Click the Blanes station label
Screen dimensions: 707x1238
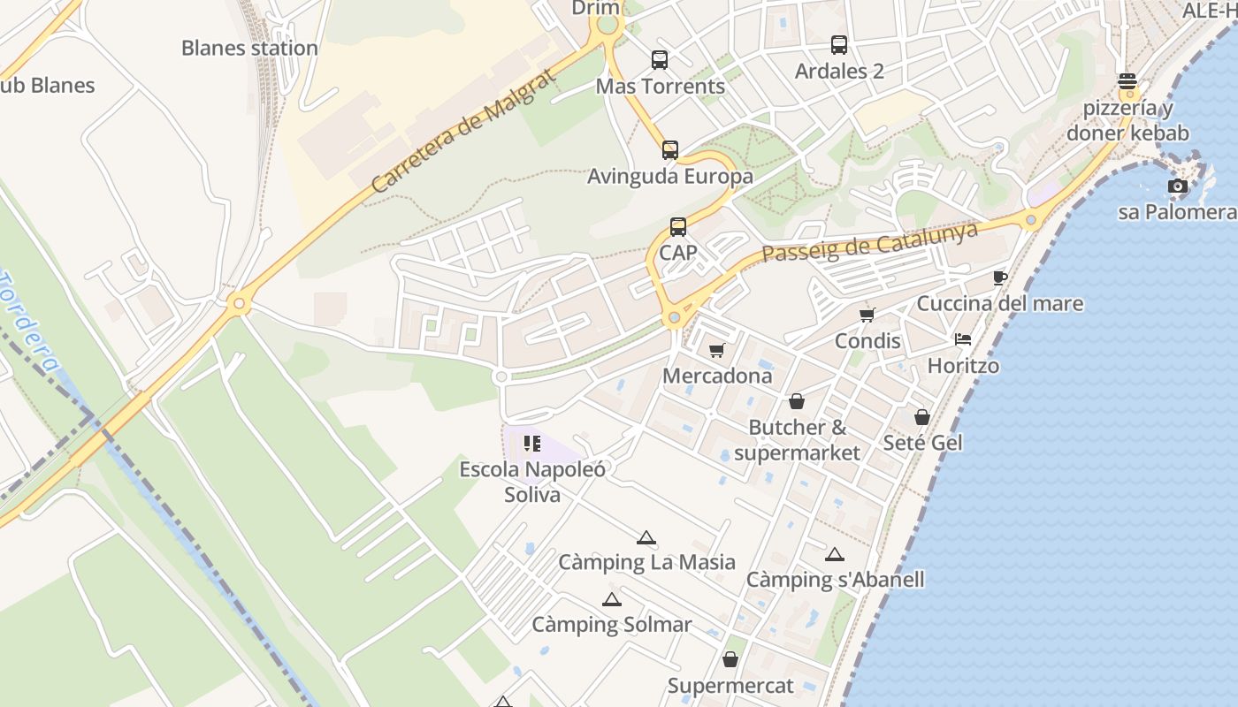[249, 48]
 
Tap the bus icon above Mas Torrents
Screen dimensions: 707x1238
[660, 60]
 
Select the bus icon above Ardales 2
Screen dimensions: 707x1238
[839, 44]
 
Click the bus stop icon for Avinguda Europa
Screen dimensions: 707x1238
[670, 150]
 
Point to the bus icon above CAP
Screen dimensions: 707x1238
[678, 227]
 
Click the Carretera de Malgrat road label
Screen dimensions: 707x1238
[464, 131]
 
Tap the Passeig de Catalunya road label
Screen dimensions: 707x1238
[870, 241]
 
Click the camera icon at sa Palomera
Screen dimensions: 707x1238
[1177, 186]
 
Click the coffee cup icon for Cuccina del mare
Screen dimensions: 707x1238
[1000, 277]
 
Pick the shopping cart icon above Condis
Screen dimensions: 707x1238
[867, 315]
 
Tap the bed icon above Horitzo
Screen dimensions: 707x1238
[963, 338]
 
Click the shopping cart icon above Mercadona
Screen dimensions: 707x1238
[717, 350]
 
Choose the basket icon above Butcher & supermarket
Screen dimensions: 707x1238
[797, 401]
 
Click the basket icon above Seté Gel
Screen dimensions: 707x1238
[922, 416]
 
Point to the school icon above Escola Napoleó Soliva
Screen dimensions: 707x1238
[532, 443]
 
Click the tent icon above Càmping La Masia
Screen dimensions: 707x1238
[646, 536]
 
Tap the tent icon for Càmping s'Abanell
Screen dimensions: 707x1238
[835, 554]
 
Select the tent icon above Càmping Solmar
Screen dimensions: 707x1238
[611, 599]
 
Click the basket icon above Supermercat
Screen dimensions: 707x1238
[730, 659]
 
